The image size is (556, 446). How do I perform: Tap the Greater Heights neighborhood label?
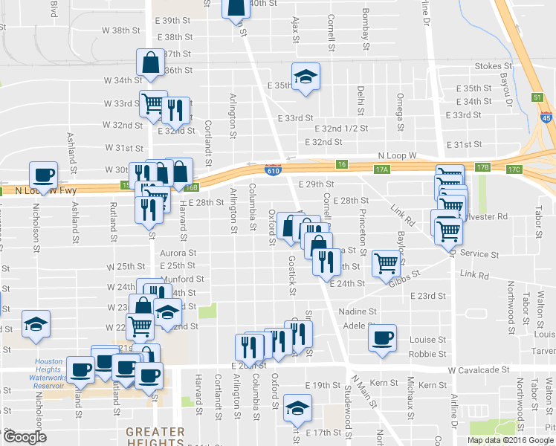[155, 437]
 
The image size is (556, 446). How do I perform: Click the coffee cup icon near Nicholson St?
[43, 175]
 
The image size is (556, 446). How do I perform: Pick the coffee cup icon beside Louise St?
[382, 337]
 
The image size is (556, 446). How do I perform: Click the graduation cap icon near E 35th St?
[305, 77]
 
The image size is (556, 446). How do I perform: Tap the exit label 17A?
[382, 169]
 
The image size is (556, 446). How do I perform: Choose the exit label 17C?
[514, 169]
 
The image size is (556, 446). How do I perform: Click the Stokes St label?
[489, 66]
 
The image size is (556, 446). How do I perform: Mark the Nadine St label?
[358, 311]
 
